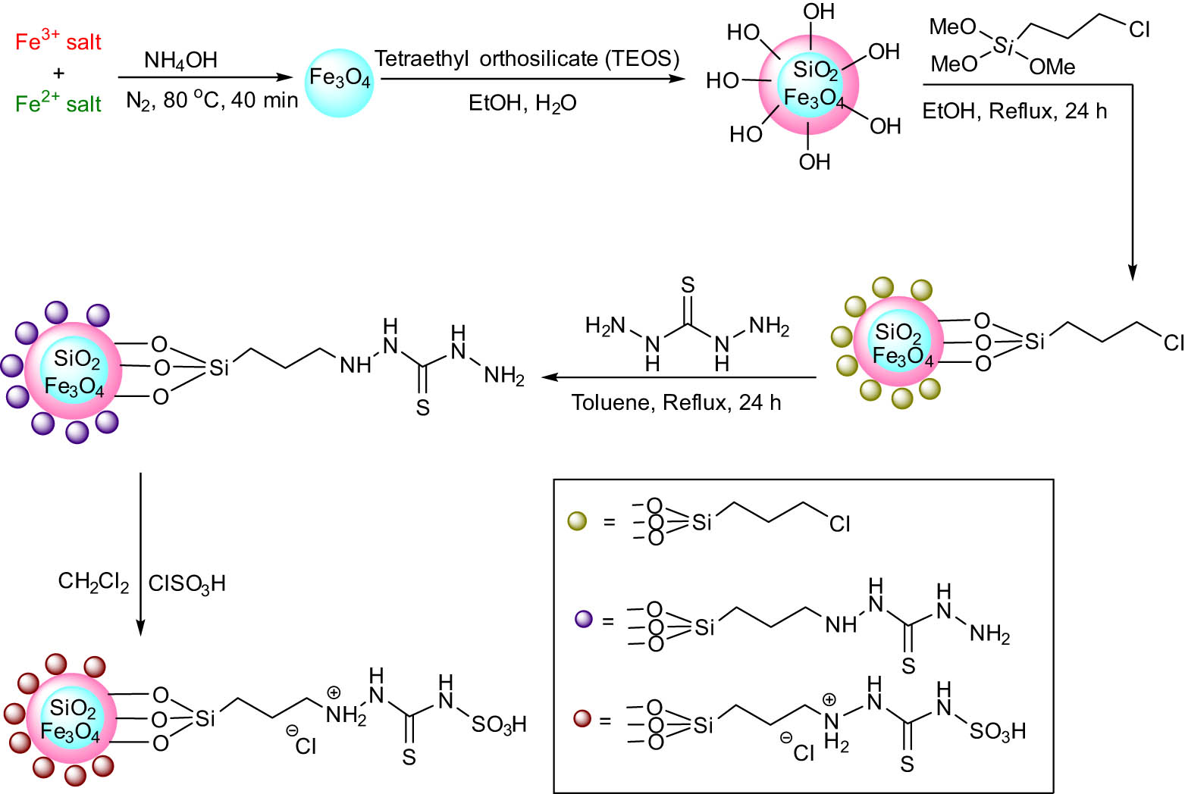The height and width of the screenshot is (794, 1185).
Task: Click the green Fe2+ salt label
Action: (58, 103)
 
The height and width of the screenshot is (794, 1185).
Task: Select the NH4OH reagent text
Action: (180, 60)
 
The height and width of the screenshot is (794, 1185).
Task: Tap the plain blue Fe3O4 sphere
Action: (339, 79)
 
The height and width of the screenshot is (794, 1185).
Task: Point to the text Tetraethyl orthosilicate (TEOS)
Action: (527, 58)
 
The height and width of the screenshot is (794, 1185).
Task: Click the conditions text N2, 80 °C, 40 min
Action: (212, 100)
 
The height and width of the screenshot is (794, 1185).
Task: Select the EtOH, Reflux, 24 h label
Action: (1014, 111)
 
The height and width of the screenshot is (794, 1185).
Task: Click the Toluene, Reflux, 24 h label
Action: (676, 402)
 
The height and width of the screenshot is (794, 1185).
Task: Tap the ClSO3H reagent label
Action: (187, 583)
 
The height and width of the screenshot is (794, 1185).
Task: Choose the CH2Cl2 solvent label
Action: (93, 583)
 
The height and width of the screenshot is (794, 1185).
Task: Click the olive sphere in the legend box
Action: (577, 521)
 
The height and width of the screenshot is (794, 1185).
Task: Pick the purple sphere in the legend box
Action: (583, 619)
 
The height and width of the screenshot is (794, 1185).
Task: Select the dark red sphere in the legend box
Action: (582, 717)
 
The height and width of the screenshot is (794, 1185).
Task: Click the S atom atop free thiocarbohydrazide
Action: (688, 285)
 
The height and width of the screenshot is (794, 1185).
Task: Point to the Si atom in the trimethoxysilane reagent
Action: (1003, 46)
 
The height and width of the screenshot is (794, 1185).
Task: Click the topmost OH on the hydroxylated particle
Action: (818, 12)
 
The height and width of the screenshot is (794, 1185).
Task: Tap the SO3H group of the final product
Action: (498, 725)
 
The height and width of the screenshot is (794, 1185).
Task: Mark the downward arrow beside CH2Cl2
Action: (140, 553)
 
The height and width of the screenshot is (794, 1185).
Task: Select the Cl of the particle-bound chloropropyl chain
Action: (1173, 343)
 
